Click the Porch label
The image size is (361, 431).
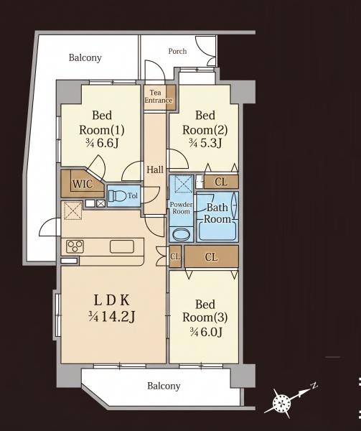click(x=177, y=51)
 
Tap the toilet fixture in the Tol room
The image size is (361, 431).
click(x=116, y=195)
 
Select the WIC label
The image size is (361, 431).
click(x=83, y=184)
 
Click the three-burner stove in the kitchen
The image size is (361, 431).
click(x=75, y=246)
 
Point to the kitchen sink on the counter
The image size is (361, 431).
click(x=122, y=246)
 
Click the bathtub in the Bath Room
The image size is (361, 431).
click(x=217, y=231)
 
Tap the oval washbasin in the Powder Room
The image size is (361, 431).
click(x=182, y=234)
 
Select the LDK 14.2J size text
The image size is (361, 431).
click(x=111, y=318)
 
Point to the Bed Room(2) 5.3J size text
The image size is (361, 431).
click(x=205, y=143)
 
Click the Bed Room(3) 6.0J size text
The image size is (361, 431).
click(x=205, y=333)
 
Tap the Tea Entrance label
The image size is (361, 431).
click(x=159, y=96)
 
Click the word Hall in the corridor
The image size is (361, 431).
click(x=155, y=170)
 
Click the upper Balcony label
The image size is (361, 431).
click(x=85, y=57)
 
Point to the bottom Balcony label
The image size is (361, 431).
click(x=164, y=386)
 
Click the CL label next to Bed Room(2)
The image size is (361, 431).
click(x=221, y=182)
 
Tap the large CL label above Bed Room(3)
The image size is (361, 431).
click(x=211, y=257)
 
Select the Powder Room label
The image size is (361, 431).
click(x=181, y=208)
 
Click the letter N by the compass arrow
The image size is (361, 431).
click(x=314, y=386)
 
